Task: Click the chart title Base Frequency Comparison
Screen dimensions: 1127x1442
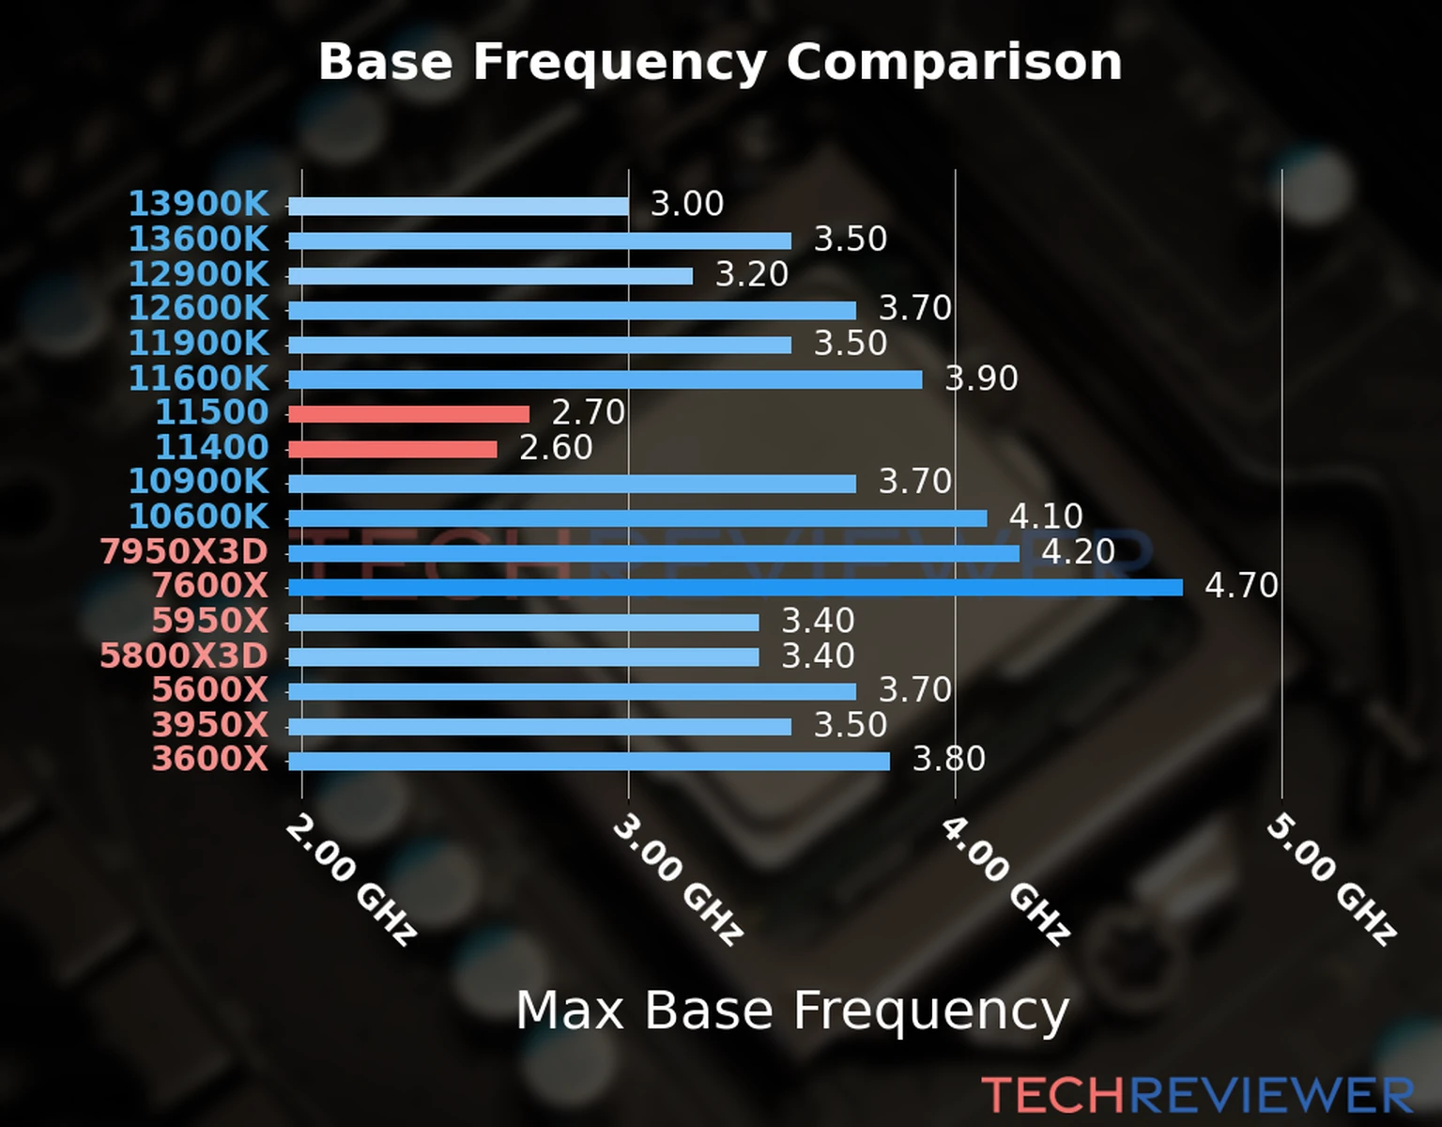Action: click(x=720, y=62)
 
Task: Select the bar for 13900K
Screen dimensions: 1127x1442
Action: click(x=458, y=206)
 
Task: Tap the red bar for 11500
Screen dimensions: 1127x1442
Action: click(x=408, y=413)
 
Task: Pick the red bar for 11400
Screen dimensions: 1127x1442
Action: click(x=392, y=449)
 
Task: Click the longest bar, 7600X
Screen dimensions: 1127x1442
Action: click(x=735, y=588)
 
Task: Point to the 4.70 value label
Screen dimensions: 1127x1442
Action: click(x=1241, y=586)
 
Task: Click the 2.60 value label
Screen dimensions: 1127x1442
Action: click(x=556, y=448)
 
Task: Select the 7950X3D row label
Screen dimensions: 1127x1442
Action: click(x=184, y=551)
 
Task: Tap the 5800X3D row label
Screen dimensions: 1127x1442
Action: click(x=184, y=656)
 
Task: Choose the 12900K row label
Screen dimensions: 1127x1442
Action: click(x=198, y=274)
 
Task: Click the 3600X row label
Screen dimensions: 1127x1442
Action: click(x=210, y=759)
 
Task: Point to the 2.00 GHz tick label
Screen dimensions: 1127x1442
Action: click(x=351, y=879)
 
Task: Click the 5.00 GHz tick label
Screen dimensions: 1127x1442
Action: click(x=1331, y=879)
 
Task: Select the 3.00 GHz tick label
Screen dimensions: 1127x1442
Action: click(x=678, y=879)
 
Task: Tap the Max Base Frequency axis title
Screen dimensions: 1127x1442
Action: click(x=792, y=1011)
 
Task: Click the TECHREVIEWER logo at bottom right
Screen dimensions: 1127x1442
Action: click(x=1197, y=1095)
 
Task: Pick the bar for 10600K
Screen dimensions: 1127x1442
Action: click(x=637, y=518)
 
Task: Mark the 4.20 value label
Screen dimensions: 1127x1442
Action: click(x=1078, y=551)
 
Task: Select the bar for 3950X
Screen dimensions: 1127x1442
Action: click(x=540, y=726)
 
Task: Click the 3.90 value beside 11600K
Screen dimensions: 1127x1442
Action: click(x=981, y=378)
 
